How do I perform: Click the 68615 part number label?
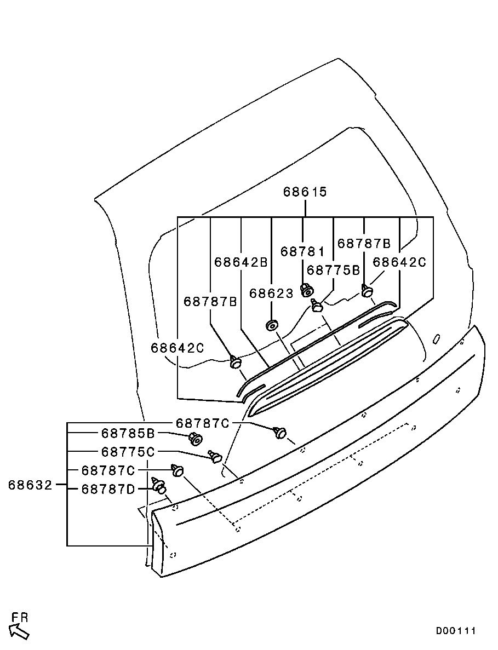305,192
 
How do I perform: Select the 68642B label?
241,262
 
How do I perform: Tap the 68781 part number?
302,251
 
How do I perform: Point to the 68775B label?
333,270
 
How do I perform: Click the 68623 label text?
272,294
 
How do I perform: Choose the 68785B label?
129,434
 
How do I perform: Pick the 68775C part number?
129,452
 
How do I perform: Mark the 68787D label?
108,489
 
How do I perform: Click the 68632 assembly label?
30,485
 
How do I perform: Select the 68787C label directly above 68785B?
203,423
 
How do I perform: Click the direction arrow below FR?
20,632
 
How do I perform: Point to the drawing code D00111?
456,631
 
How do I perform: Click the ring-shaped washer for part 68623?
271,326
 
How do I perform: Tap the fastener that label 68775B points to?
317,305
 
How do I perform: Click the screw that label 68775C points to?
215,456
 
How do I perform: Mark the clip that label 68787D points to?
159,486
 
